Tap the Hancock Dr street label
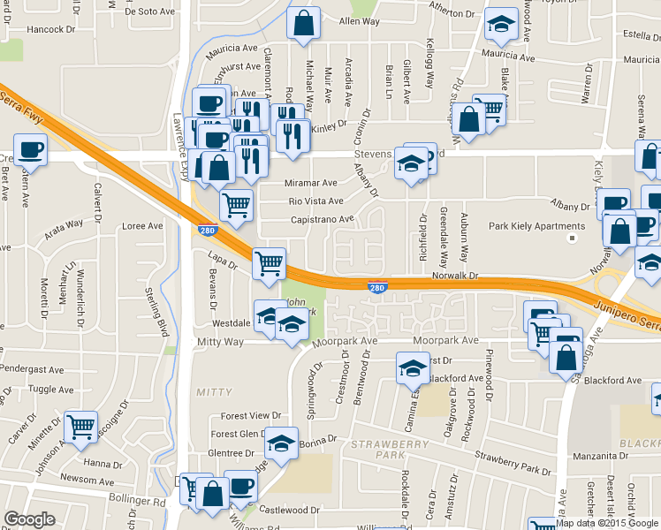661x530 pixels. click(x=51, y=29)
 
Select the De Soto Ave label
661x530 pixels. click(x=152, y=11)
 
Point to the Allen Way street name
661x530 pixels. click(x=359, y=20)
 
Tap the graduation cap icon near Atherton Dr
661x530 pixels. click(x=501, y=26)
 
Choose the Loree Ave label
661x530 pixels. click(x=143, y=226)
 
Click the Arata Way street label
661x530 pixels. click(x=64, y=231)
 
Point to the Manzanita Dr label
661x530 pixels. click(x=603, y=458)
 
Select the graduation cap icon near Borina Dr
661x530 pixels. click(x=281, y=443)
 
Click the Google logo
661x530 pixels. click(x=30, y=519)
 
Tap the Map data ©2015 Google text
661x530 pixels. click(x=607, y=523)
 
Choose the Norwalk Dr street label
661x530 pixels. click(x=456, y=276)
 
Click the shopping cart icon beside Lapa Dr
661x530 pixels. click(x=269, y=261)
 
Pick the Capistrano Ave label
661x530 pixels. click(x=322, y=219)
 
